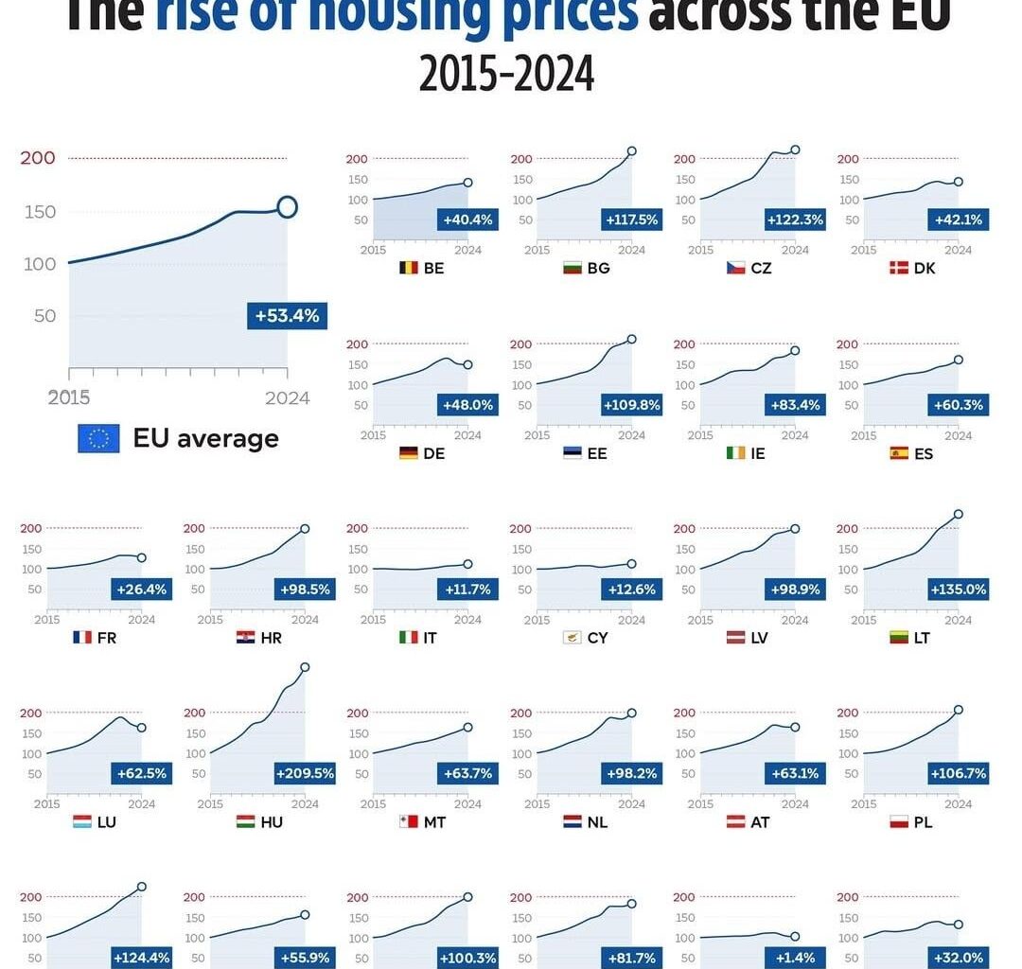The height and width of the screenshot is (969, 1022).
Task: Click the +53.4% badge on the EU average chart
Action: click(x=288, y=315)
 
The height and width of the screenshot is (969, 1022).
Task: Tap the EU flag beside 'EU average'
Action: click(x=98, y=438)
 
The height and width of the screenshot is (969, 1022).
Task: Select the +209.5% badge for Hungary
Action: click(x=305, y=773)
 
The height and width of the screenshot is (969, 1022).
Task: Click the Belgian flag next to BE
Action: click(x=408, y=268)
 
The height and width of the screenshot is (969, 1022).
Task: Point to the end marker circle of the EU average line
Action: click(x=288, y=207)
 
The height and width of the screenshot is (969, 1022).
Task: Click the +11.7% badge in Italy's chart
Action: click(x=468, y=590)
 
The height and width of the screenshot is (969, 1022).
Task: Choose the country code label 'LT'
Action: click(x=923, y=638)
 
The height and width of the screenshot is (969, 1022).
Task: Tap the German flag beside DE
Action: click(x=408, y=453)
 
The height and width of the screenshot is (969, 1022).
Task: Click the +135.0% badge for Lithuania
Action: click(x=959, y=590)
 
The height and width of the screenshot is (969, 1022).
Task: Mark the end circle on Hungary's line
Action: click(x=305, y=667)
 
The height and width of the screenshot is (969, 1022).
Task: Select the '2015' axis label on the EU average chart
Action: click(x=68, y=398)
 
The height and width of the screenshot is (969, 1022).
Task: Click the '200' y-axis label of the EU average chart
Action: click(x=38, y=158)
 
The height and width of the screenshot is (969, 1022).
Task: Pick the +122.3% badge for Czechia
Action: click(x=795, y=220)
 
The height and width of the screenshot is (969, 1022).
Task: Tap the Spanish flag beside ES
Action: click(x=899, y=453)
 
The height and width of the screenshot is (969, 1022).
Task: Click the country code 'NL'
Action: click(x=597, y=822)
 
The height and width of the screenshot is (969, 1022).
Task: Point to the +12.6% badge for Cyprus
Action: click(x=631, y=590)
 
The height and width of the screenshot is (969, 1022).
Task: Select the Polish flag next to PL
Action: click(x=899, y=822)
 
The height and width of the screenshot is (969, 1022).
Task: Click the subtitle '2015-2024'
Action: click(x=507, y=74)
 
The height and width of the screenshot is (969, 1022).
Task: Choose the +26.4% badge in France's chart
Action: click(x=141, y=590)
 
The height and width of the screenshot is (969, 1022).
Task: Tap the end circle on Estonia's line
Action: click(x=632, y=339)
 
